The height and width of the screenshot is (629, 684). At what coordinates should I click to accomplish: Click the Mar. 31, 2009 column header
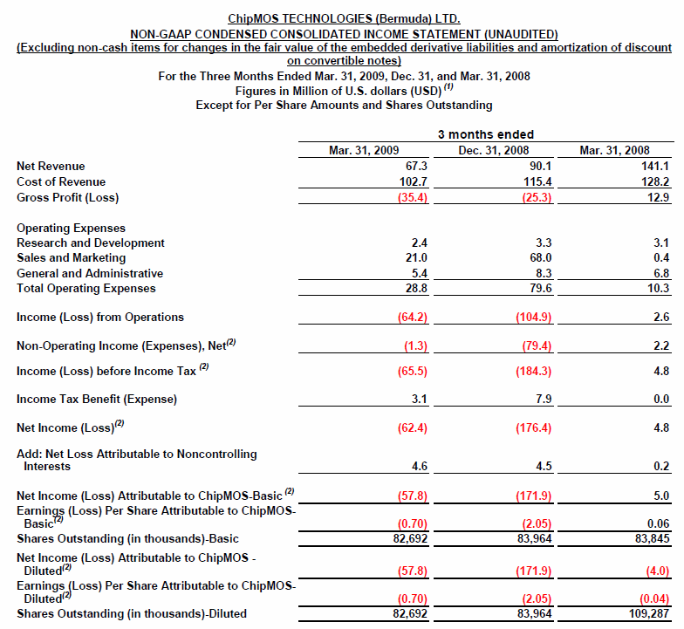tap(364, 151)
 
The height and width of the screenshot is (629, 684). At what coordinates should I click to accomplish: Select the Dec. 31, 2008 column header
tap(493, 151)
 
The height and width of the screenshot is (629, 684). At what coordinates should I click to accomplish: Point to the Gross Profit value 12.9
tap(660, 197)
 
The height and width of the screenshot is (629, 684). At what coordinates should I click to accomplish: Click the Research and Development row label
tap(91, 243)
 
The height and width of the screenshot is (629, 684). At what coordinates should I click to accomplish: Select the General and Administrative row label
tap(90, 273)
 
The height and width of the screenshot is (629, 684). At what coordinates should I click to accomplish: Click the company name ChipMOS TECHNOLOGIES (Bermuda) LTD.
tap(344, 18)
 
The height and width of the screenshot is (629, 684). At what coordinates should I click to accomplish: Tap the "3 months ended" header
tap(486, 134)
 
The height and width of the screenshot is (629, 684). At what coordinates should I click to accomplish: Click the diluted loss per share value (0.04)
tap(653, 599)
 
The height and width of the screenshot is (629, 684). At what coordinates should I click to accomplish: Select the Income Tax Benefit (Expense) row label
tap(97, 400)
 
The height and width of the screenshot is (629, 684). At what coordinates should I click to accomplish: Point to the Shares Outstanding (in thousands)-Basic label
tap(127, 538)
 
